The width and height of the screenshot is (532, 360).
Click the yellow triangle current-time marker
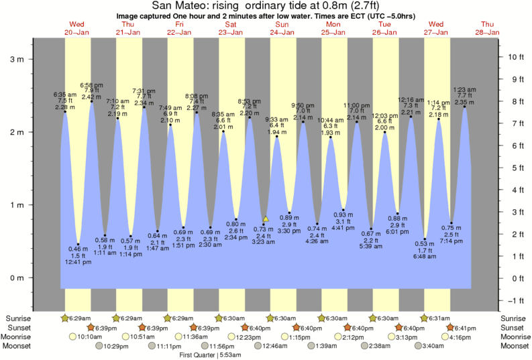coord(266,219)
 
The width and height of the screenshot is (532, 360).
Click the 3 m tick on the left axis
coord(30,59)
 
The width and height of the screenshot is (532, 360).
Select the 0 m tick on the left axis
coord(30,278)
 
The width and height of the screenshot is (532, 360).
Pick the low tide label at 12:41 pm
coord(78,255)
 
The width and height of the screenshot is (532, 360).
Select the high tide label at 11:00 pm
coord(356,112)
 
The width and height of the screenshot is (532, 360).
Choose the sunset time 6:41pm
coord(464,328)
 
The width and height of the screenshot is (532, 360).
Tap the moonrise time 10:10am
coord(89,337)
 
